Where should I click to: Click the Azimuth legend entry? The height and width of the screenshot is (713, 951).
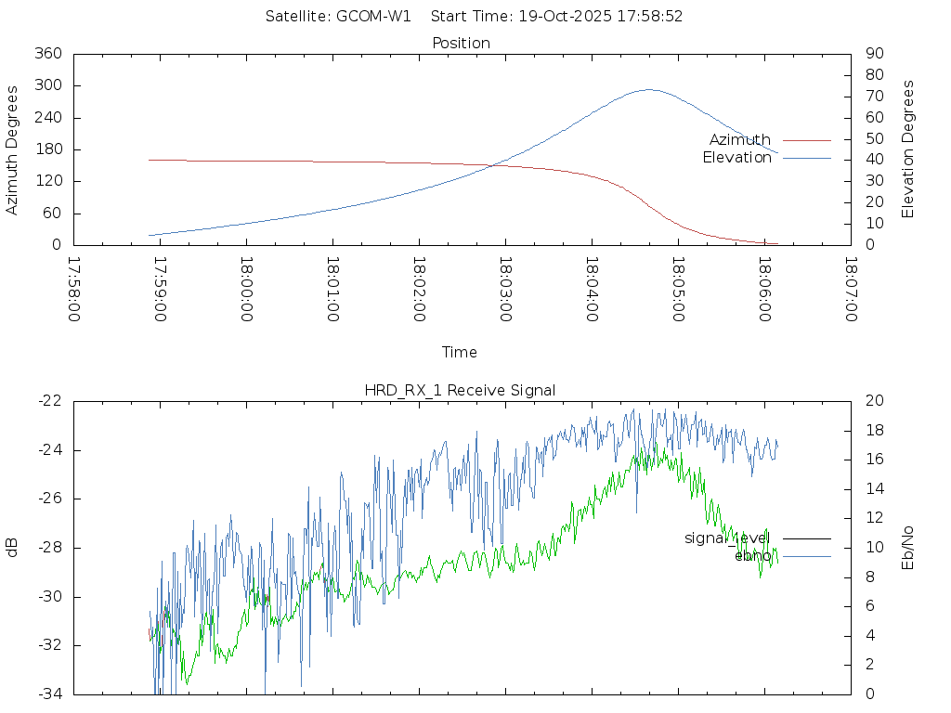[740, 140]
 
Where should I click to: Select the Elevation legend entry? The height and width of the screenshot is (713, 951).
[736, 158]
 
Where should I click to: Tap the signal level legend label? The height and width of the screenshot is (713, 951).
[727, 538]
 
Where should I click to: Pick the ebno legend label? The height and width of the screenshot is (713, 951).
[752, 555]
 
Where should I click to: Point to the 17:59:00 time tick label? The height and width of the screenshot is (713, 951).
[160, 290]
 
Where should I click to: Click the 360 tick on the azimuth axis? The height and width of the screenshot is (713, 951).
[47, 54]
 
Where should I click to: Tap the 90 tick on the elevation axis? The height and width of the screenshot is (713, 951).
[873, 54]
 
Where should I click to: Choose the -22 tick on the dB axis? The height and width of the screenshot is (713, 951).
[48, 401]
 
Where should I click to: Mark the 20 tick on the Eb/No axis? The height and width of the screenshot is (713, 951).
[873, 401]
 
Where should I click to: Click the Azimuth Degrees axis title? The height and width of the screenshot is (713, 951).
[13, 149]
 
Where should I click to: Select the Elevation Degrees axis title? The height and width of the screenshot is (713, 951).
[908, 149]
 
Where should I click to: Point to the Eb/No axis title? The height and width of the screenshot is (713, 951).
[908, 547]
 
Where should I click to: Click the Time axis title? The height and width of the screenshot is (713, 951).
[460, 353]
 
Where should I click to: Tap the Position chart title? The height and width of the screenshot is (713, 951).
[462, 43]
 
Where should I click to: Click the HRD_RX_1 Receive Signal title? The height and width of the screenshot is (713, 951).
[460, 390]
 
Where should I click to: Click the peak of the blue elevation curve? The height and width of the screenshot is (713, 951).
[648, 90]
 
